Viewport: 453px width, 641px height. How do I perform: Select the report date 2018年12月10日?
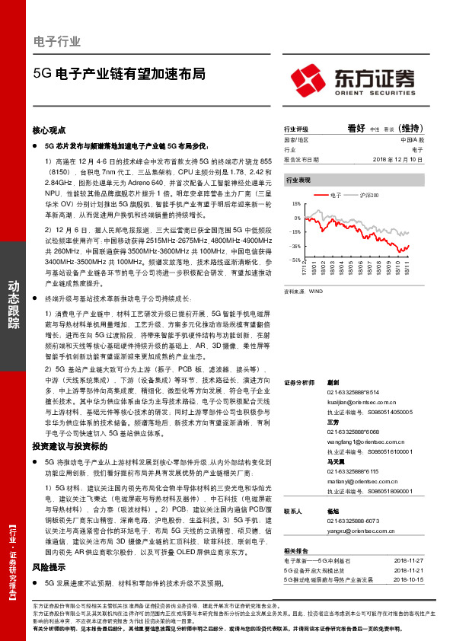398,160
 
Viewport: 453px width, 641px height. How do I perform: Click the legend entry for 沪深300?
368,196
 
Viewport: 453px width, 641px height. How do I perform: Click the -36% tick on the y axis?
295,246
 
